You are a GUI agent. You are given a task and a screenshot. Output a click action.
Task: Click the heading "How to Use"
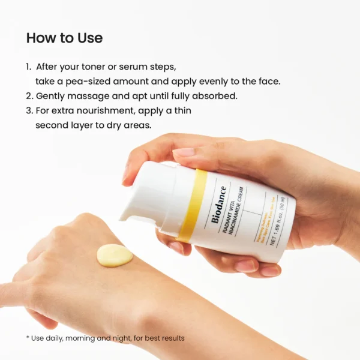point(64,38)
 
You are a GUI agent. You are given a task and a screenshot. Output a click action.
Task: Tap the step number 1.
point(28,67)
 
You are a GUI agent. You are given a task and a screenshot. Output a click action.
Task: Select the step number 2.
point(29,95)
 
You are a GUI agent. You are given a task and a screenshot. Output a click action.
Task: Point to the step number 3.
point(29,110)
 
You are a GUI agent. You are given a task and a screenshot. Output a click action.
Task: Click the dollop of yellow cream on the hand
point(114,255)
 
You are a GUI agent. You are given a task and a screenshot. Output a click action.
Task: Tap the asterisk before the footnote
point(28,338)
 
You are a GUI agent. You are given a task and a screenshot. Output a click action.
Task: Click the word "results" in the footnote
point(172,338)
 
